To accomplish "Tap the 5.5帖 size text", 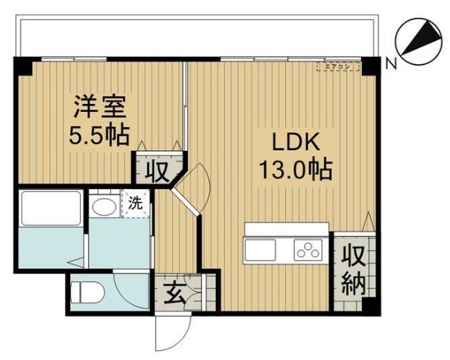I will point(99,136).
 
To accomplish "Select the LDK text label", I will point(294,142).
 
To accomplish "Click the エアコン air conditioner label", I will point(338,66).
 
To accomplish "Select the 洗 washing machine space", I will point(135,202).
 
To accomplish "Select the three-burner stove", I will point(307,249).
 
